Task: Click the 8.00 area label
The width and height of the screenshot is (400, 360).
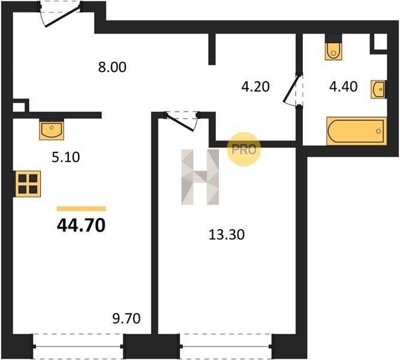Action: click(x=112, y=67)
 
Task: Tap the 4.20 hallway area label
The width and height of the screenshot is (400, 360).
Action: click(x=255, y=86)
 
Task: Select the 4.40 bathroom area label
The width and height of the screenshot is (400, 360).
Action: click(x=343, y=86)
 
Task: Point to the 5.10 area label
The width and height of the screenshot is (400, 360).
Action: click(x=66, y=157)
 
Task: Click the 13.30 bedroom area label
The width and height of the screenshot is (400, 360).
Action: click(x=227, y=235)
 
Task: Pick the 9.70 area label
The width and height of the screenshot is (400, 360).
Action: click(x=127, y=319)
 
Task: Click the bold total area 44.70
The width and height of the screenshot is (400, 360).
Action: click(x=81, y=226)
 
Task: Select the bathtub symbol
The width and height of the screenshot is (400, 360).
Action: click(x=357, y=131)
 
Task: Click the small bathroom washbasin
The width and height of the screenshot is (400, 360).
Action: click(x=378, y=89)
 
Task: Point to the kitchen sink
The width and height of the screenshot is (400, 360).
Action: click(x=52, y=130)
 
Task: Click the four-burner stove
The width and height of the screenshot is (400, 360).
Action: click(x=28, y=184)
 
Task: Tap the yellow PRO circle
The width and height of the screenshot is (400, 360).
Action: click(x=243, y=149)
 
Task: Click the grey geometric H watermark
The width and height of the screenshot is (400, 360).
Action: click(x=200, y=176)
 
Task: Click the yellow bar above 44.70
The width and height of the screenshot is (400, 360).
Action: click(x=82, y=209)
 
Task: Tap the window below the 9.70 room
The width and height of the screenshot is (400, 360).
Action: click(x=78, y=346)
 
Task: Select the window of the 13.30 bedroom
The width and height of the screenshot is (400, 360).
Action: click(x=226, y=346)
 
